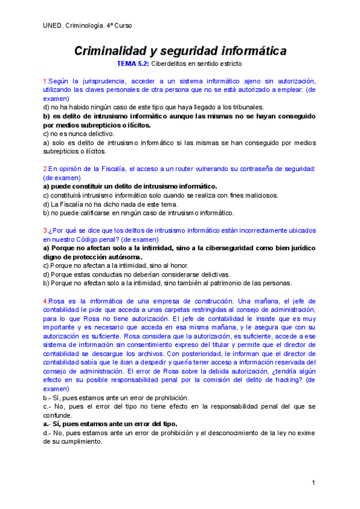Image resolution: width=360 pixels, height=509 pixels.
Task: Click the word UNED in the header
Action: pyautogui.click(x=53, y=26)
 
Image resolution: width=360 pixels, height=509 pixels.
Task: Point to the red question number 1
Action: pyautogui.click(x=45, y=81)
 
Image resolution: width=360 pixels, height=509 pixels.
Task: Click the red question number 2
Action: pyautogui.click(x=45, y=169)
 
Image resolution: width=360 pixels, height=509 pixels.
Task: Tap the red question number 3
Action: pyautogui.click(x=45, y=230)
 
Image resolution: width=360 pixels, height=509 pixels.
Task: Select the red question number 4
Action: pyautogui.click(x=45, y=301)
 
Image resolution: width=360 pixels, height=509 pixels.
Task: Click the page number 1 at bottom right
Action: pyautogui.click(x=313, y=483)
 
